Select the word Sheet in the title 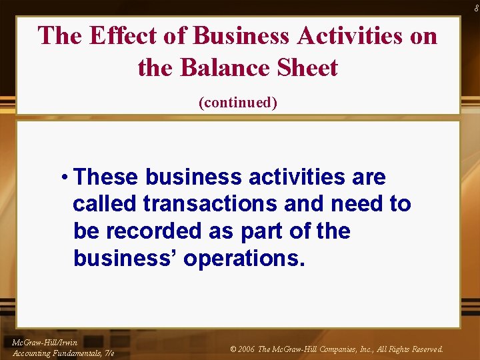(307, 67)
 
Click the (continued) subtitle (238, 103)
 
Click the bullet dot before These (64, 178)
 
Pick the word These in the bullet (107, 178)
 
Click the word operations (244, 258)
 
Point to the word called (105, 204)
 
